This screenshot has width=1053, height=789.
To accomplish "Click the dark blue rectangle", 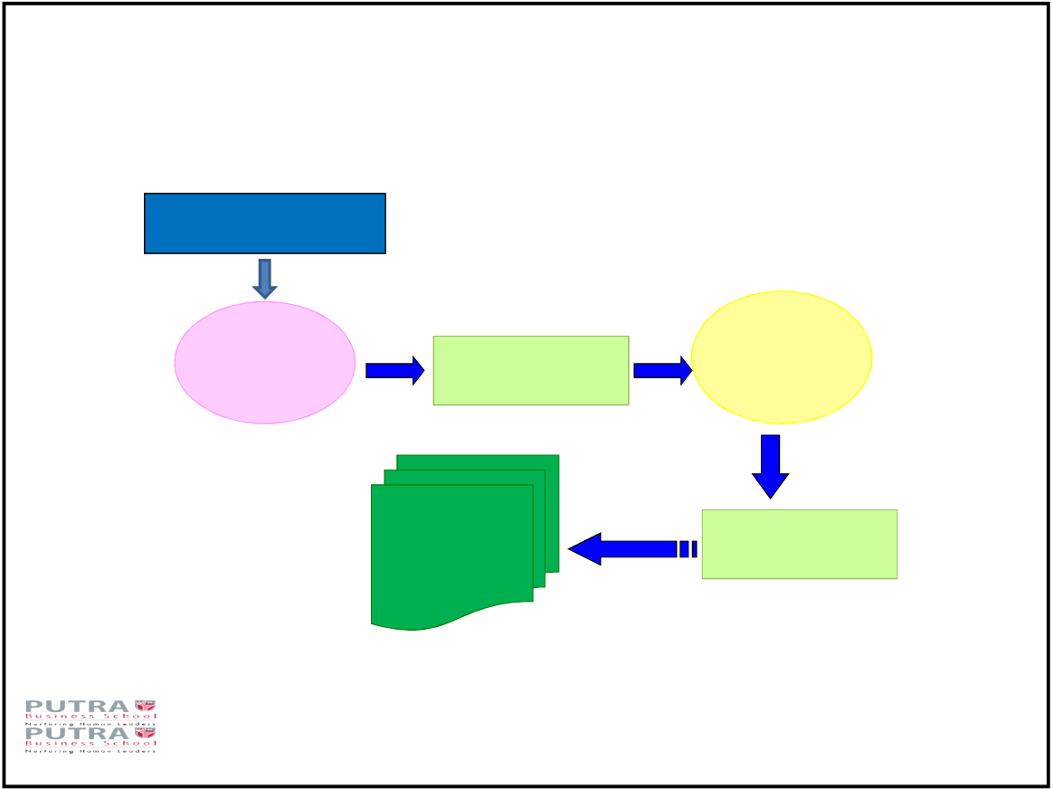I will (x=265, y=223).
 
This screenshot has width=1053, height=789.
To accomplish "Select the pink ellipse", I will (x=265, y=362).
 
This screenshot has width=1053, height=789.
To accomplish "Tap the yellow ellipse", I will (x=782, y=357).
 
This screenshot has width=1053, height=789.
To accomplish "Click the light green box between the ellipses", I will (x=531, y=370).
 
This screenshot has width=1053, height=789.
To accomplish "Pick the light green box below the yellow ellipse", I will (x=800, y=544).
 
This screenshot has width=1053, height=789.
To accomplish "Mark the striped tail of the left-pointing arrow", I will (x=688, y=549).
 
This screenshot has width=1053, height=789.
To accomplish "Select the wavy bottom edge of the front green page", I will (x=452, y=618).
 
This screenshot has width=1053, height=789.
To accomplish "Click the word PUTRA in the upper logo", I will (x=77, y=706).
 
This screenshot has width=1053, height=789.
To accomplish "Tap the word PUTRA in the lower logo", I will (x=77, y=733).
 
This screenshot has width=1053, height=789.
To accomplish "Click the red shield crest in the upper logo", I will (x=145, y=706).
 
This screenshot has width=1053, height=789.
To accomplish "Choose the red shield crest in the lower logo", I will (x=145, y=733).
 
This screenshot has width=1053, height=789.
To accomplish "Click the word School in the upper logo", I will (x=130, y=717).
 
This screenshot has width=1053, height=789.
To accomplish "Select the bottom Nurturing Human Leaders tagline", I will (x=90, y=751).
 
